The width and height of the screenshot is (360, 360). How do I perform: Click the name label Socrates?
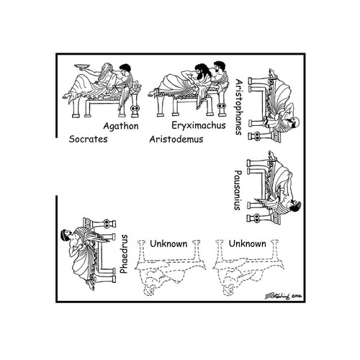pos(88,139)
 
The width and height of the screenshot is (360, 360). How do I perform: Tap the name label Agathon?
pos(121,126)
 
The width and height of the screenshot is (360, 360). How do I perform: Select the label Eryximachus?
pos(199,125)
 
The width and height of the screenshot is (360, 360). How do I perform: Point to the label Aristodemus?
pos(176,139)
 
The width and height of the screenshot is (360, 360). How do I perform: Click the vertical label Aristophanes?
pos(239,107)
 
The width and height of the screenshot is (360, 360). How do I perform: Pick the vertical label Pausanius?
pos(238,190)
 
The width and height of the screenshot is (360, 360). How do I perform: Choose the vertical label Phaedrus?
pos(124,254)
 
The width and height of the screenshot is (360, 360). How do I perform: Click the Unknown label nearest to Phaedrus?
pos(168,244)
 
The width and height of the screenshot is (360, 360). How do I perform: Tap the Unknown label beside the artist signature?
pos(248,244)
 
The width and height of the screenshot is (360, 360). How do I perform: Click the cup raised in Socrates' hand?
pos(82,66)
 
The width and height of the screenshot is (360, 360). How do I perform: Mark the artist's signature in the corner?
pos(283,296)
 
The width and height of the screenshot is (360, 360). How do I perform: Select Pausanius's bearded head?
pos(295,206)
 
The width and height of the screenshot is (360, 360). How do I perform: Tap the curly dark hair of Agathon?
pos(125,68)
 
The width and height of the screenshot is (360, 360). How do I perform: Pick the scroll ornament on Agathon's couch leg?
pos(135,109)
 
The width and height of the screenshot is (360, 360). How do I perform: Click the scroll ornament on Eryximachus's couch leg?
pos(222,106)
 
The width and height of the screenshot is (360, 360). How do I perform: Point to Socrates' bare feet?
pos(68,95)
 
